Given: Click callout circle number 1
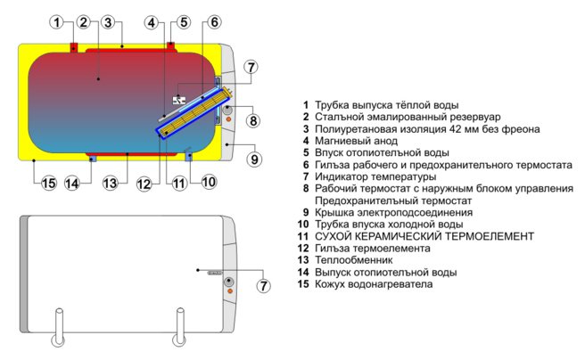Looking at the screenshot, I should (57, 21).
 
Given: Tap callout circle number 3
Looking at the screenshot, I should (107, 21).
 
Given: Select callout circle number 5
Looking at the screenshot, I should (183, 21).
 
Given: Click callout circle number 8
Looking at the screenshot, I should (253, 121).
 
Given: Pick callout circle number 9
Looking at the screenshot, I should (254, 160).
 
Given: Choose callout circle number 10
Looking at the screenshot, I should (208, 182).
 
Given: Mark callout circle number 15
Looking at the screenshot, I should (48, 183).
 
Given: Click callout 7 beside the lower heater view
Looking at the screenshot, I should (263, 285).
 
